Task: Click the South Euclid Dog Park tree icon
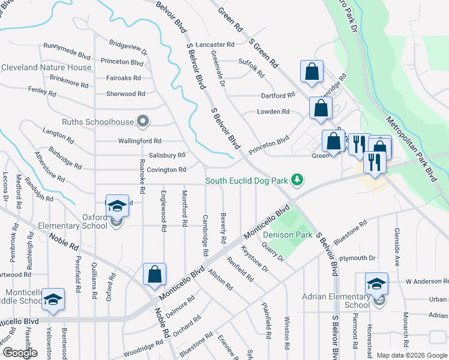[x=297, y=179]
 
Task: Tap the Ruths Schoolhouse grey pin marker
[x=143, y=122]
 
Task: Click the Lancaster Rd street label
[x=214, y=45]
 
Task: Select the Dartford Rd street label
[x=278, y=95]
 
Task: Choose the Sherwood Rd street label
[x=125, y=94]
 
